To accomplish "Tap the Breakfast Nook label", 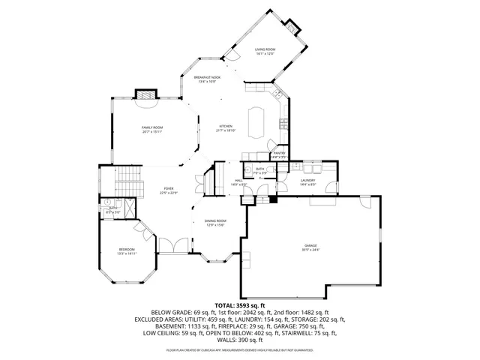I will click(206, 77).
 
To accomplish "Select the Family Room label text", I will click(152, 127).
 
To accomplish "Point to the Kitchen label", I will click(226, 126).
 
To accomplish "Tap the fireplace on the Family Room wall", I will click(145, 95).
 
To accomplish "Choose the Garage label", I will click(310, 245).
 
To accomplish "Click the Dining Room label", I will click(215, 220).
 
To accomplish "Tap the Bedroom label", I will click(126, 250).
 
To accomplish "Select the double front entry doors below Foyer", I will click(170, 244).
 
